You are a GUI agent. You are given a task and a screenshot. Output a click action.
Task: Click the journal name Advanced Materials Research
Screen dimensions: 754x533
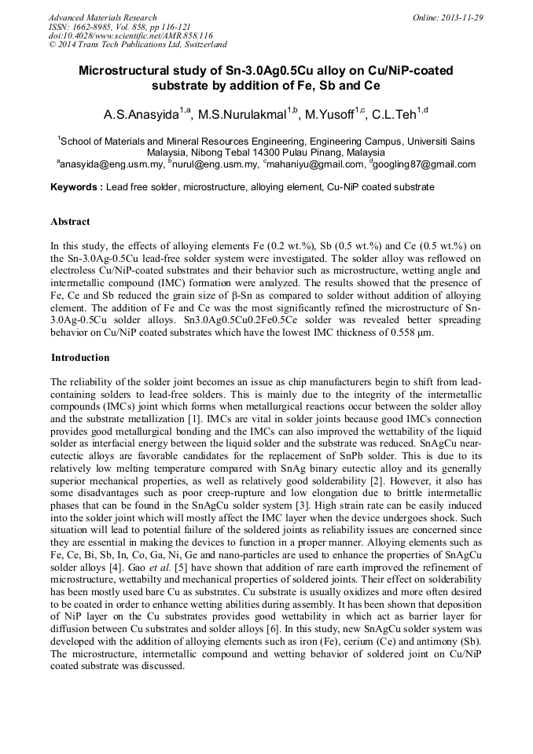coord(102,17)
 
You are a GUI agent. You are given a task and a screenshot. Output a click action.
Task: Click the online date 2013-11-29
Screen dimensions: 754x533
coord(463,17)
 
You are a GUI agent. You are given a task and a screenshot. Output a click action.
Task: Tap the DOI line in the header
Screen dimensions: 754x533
coord(130,36)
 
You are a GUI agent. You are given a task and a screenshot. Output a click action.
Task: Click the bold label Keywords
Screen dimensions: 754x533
coord(75,188)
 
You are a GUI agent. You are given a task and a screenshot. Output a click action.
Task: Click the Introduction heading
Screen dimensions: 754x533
coord(80,358)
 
